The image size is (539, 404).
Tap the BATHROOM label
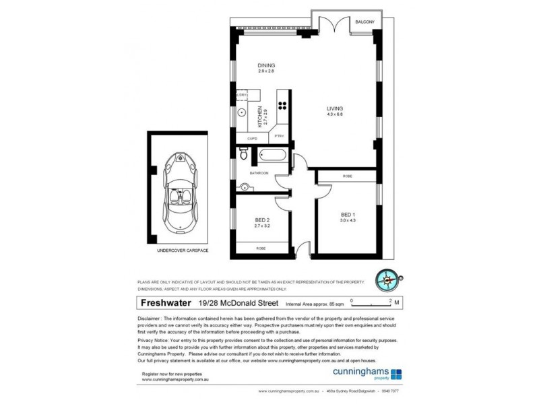coord(259,173)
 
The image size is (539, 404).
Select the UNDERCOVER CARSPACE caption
coord(183,250)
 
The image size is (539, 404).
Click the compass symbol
coord(389,279)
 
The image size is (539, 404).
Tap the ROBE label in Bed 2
coord(261,248)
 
